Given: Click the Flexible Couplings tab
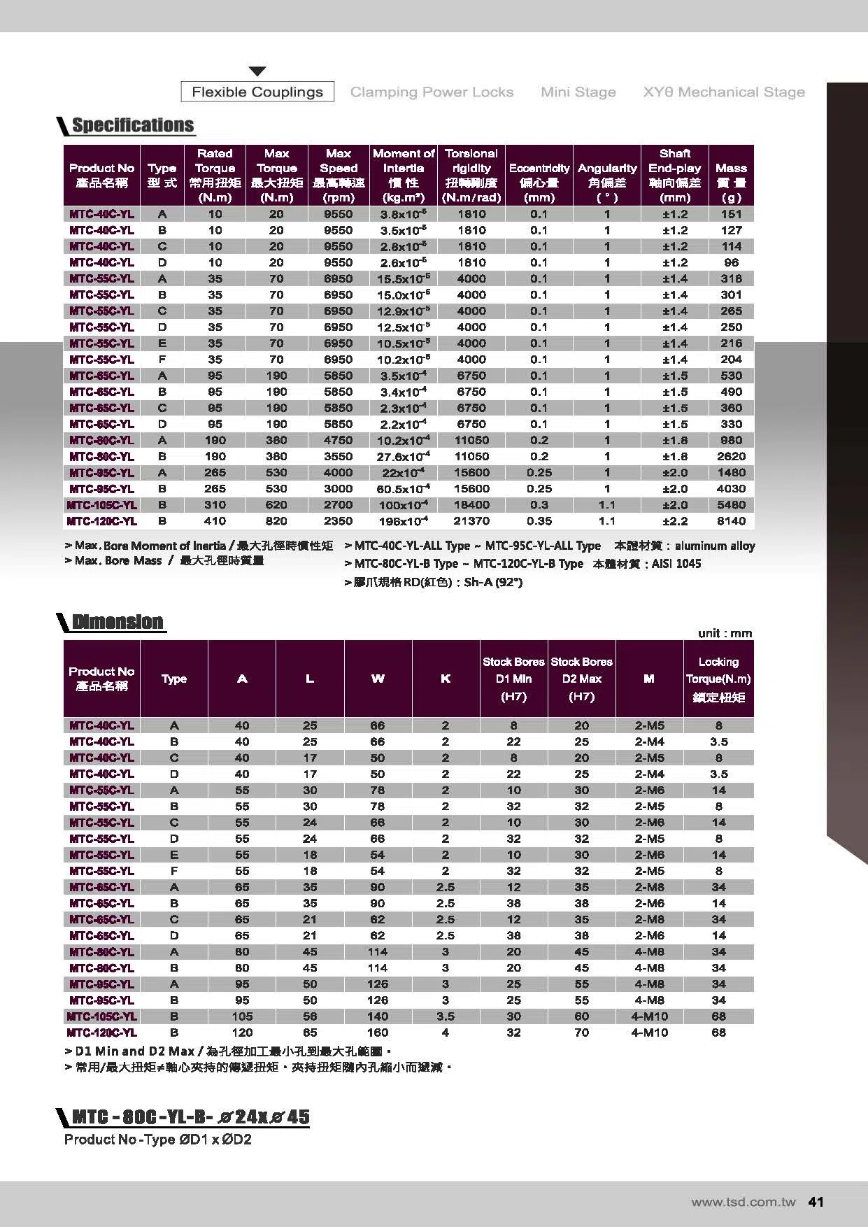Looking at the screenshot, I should click(x=257, y=92).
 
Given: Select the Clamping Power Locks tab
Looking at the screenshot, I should click(x=432, y=92).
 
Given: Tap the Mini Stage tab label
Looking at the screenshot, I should click(x=578, y=92).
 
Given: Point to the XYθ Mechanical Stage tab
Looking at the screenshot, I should click(x=724, y=92).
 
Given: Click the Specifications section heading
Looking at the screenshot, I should click(x=133, y=126).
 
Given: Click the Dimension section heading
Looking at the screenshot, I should click(x=118, y=622).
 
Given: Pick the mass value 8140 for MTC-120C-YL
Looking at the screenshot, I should click(x=731, y=521).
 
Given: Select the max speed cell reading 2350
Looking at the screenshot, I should click(x=339, y=521).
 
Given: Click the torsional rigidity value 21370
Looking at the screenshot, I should click(x=471, y=521).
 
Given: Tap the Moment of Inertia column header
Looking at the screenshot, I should click(x=404, y=174).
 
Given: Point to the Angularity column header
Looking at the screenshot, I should click(x=607, y=174).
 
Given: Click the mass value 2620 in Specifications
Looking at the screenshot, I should click(x=731, y=456).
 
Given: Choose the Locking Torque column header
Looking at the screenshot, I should click(x=718, y=679).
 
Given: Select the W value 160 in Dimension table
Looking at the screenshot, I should click(x=378, y=1033).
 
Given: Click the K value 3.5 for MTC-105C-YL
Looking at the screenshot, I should click(x=446, y=1016).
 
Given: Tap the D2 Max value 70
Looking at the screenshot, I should click(x=581, y=1033).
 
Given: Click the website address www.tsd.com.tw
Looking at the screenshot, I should click(x=743, y=1203).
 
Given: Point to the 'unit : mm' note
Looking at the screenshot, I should click(x=725, y=633).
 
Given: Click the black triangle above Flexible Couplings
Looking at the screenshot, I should click(x=257, y=71).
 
